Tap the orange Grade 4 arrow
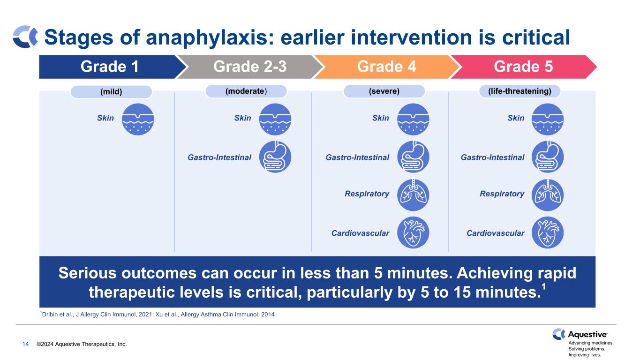pyautogui.click(x=386, y=67)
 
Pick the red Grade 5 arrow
pyautogui.click(x=523, y=67)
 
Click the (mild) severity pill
pyautogui.click(x=111, y=92)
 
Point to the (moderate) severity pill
pyautogui.click(x=246, y=91)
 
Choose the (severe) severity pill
pyautogui.click(x=384, y=91)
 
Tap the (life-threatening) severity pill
pyautogui.click(x=520, y=91)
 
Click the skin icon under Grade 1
pyautogui.click(x=138, y=119)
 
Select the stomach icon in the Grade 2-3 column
pyautogui.click(x=275, y=156)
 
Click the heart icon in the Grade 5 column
pyautogui.click(x=548, y=232)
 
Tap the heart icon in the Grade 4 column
pyautogui.click(x=413, y=232)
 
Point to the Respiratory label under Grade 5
pyautogui.click(x=502, y=194)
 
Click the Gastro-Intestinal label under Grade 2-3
pyautogui.click(x=219, y=157)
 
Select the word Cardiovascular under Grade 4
pyautogui.click(x=360, y=233)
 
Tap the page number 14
pyautogui.click(x=25, y=344)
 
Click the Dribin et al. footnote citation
pyautogui.click(x=157, y=314)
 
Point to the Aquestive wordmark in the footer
pyautogui.click(x=587, y=335)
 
